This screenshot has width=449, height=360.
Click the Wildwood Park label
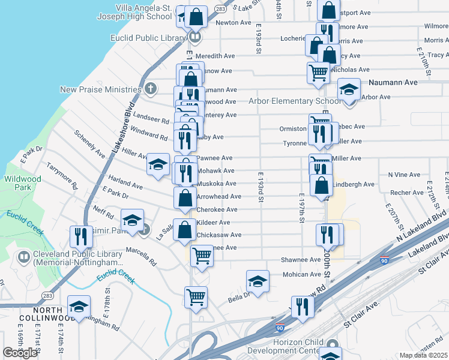click(23, 182)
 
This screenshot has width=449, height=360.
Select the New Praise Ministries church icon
click(150, 89)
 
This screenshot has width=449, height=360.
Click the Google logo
click(20, 352)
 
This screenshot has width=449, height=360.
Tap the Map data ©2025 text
click(423, 355)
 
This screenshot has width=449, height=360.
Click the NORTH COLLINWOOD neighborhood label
click(48, 317)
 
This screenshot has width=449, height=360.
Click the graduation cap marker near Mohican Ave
click(257, 281)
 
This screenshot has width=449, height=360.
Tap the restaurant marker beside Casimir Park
click(80, 236)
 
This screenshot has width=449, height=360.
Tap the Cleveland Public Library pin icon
click(24, 258)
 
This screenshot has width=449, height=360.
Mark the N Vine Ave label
click(404, 175)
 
